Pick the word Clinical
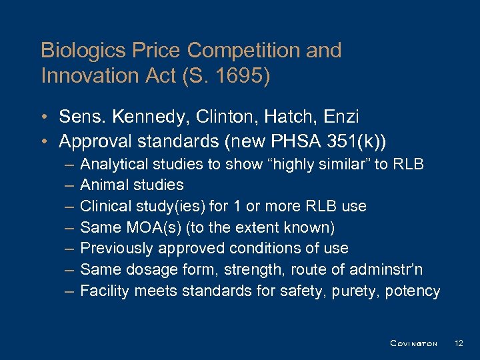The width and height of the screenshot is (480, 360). click(106, 206)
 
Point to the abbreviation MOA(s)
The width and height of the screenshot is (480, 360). click(151, 227)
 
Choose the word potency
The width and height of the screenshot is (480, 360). click(415, 291)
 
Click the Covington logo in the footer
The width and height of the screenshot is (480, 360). click(413, 343)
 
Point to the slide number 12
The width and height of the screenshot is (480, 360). click(459, 343)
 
